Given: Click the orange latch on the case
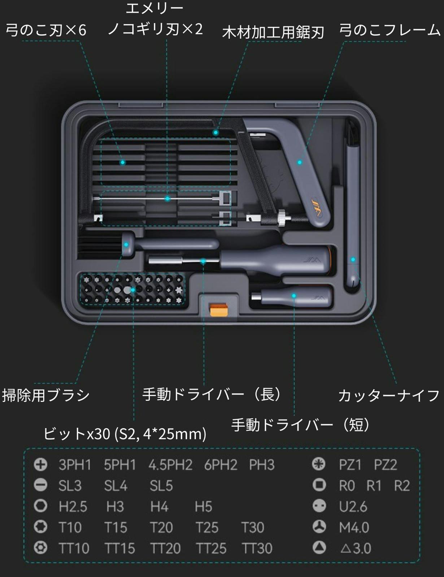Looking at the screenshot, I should [219, 310].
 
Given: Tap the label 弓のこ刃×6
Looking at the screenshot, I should [46, 30].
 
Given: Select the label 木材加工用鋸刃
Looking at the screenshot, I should [273, 32].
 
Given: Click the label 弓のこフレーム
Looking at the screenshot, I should [390, 30].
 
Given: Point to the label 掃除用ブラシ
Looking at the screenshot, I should [46, 395].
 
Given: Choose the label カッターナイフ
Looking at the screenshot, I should [389, 396].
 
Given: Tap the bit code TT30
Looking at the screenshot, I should [257, 548].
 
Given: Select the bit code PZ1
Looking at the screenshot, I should [350, 465].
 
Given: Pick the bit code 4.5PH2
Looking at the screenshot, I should [170, 465].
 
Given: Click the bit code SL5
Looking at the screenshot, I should [161, 486].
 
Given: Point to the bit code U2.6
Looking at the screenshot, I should [353, 507].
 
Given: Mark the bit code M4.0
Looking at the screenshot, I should [354, 528].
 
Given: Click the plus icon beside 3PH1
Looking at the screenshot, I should [40, 464].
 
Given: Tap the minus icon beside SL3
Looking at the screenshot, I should [40, 485].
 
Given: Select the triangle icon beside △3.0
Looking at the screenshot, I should [319, 547].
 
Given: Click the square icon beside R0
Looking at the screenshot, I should [319, 485].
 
